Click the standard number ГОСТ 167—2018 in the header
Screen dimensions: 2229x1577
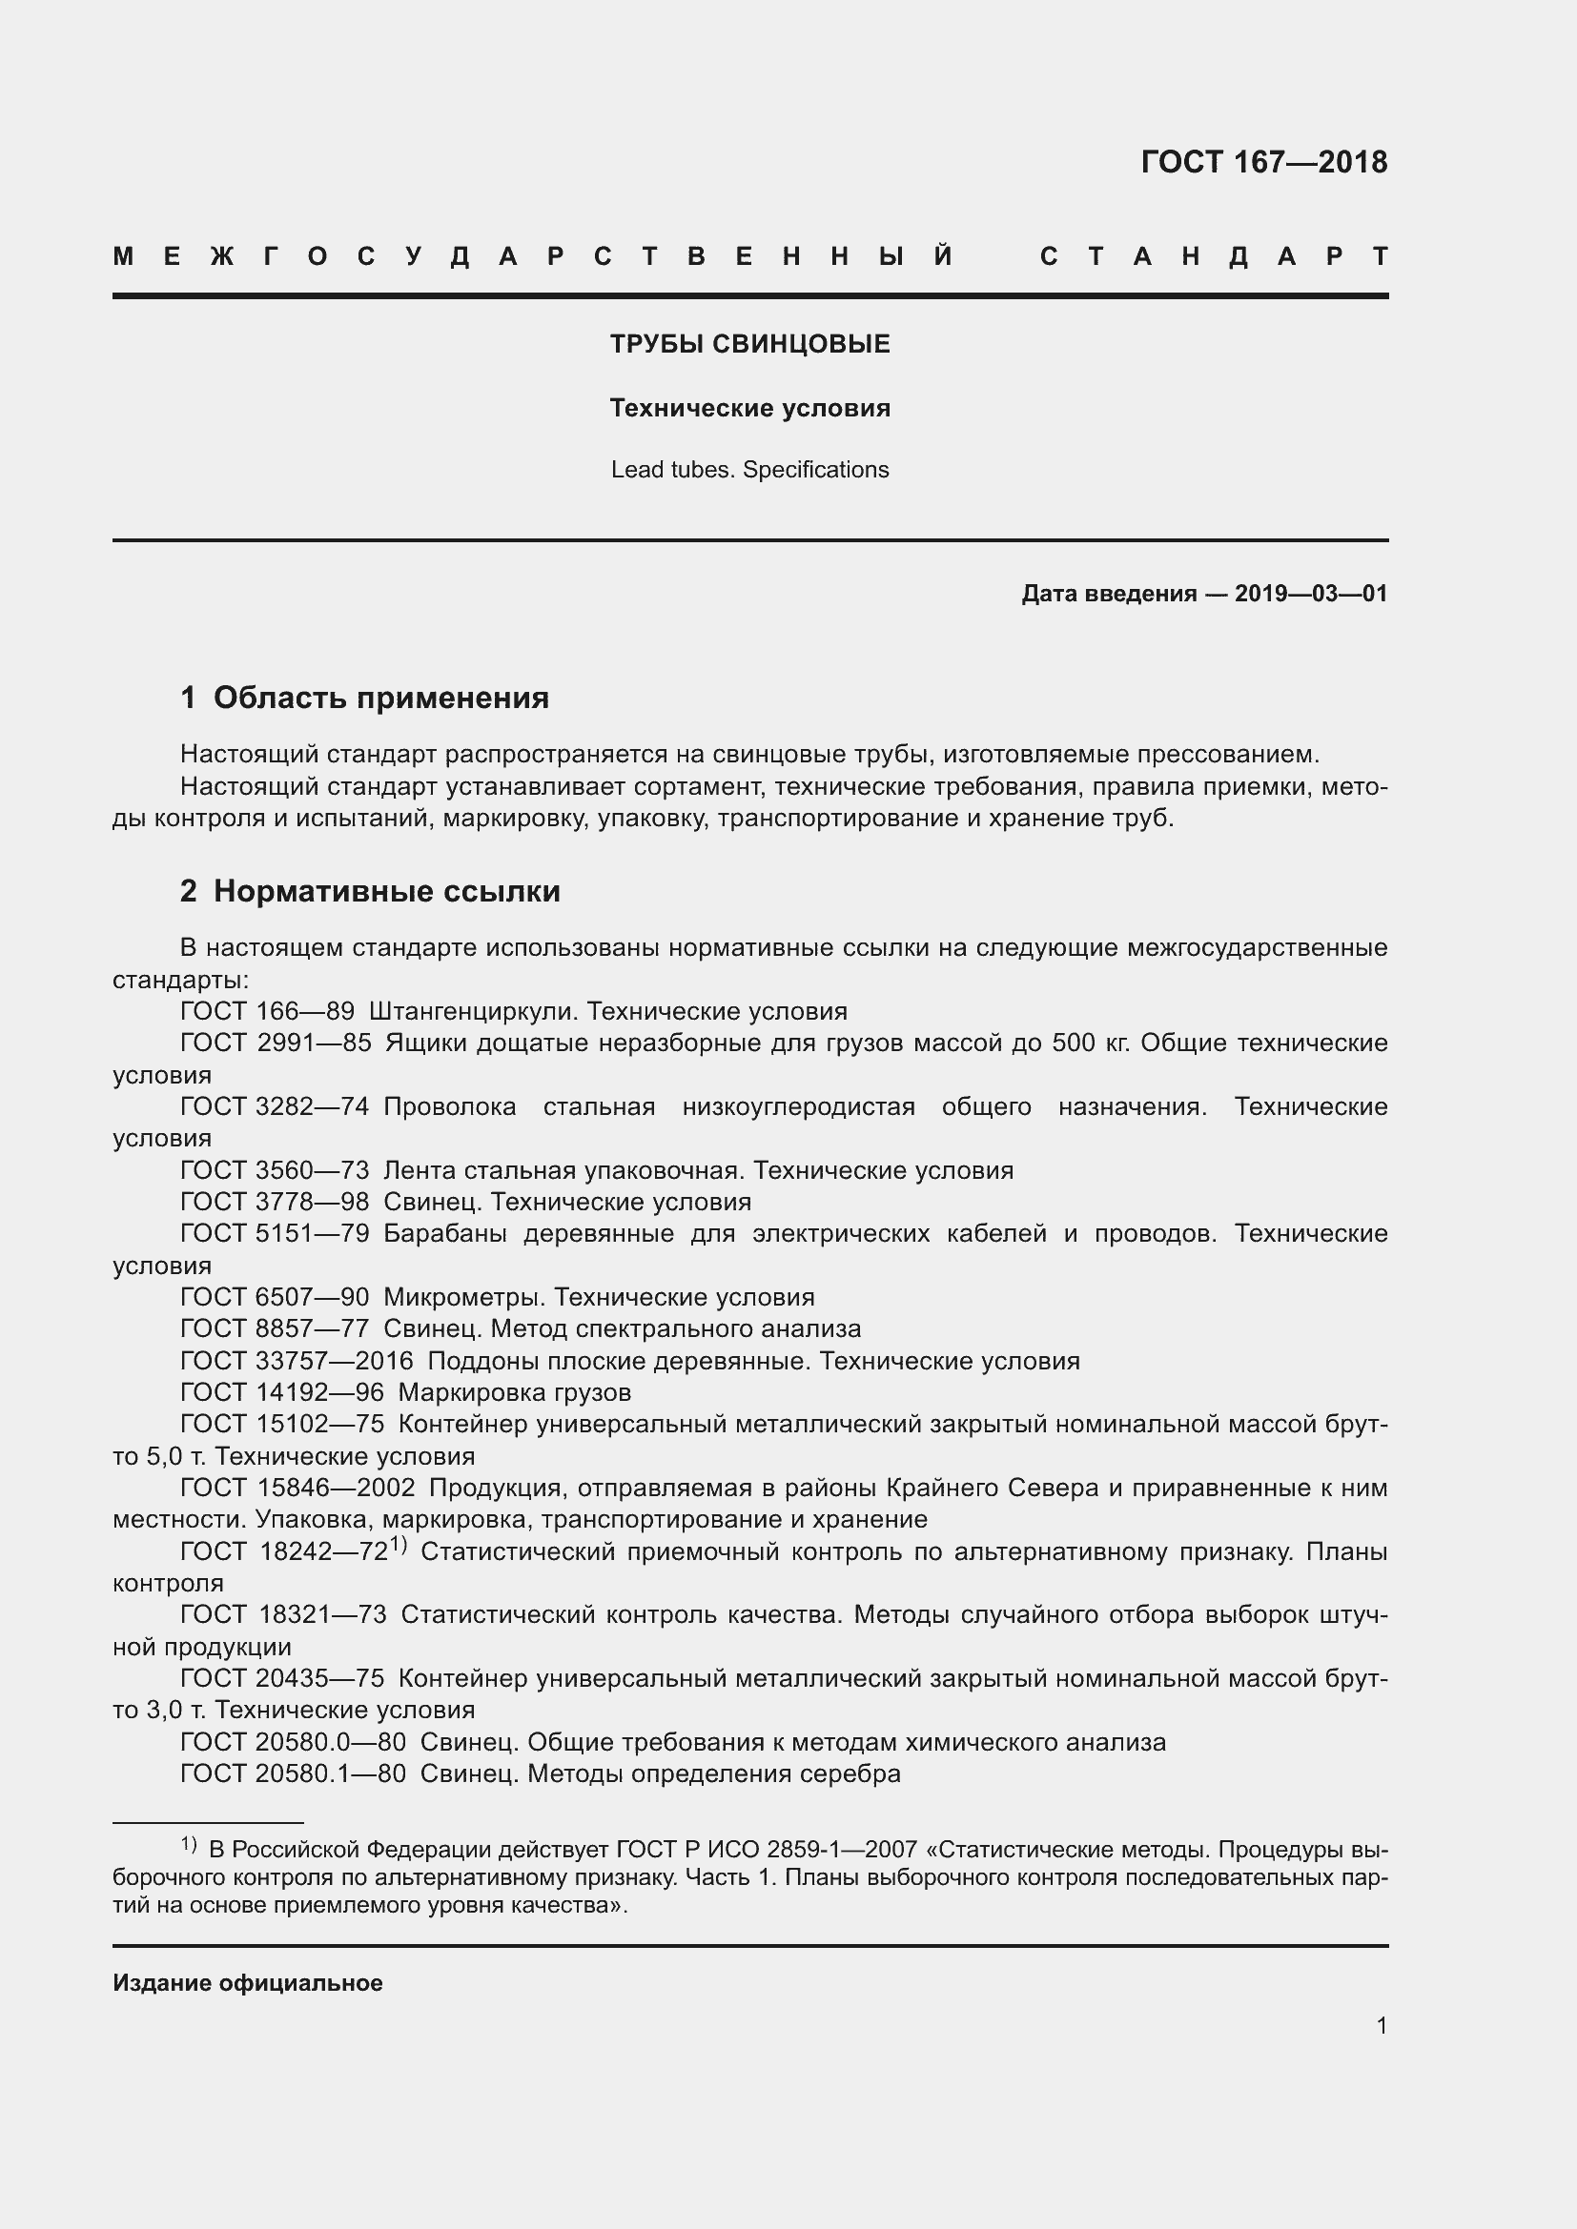pyautogui.click(x=1263, y=162)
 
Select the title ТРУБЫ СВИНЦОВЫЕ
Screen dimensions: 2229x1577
pyautogui.click(x=749, y=345)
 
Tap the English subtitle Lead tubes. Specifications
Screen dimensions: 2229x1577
pyautogui.click(x=749, y=470)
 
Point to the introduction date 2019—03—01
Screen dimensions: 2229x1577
pyautogui.click(x=1310, y=593)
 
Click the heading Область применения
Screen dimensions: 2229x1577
pyautogui.click(x=380, y=697)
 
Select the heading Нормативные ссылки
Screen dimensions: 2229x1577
pyautogui.click(x=386, y=890)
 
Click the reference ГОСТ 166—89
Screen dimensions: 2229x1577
pyautogui.click(x=267, y=1012)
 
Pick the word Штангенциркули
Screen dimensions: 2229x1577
pyautogui.click(x=473, y=1012)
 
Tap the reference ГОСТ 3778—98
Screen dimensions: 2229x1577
pyautogui.click(x=275, y=1202)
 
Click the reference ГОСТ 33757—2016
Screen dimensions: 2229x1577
pyautogui.click(x=297, y=1361)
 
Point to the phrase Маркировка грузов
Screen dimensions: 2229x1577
pyautogui.click(x=515, y=1392)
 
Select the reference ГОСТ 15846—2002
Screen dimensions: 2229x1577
pyautogui.click(x=297, y=1488)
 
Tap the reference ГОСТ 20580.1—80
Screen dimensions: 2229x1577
pyautogui.click(x=294, y=1773)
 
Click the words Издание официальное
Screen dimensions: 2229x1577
pyautogui.click(x=248, y=1983)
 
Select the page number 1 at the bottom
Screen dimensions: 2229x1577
pyautogui.click(x=1381, y=2026)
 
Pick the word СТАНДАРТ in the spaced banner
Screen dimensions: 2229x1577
pyautogui.click(x=1214, y=257)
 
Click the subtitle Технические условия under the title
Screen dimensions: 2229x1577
pyautogui.click(x=749, y=409)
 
